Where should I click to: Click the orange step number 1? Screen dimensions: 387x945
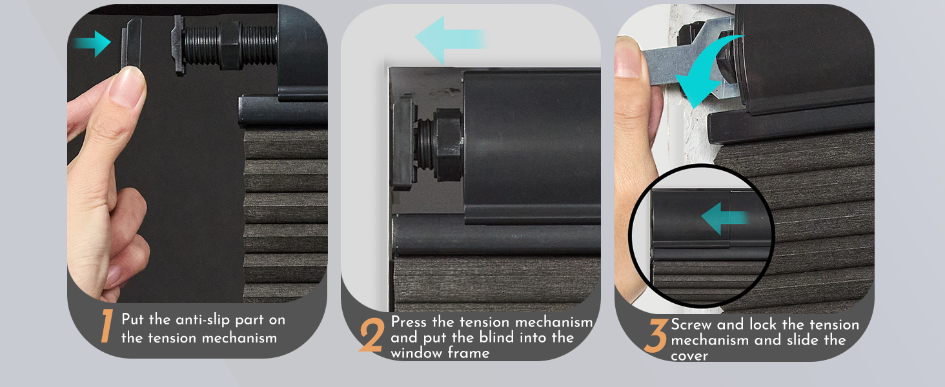coord(107,327)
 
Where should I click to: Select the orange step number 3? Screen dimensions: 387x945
coord(656,338)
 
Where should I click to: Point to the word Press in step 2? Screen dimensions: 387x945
coord(411,322)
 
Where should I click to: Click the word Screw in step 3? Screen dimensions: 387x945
coord(693,324)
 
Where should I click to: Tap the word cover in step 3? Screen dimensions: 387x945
coord(689,355)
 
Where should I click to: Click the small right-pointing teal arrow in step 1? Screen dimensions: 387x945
coord(92,43)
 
